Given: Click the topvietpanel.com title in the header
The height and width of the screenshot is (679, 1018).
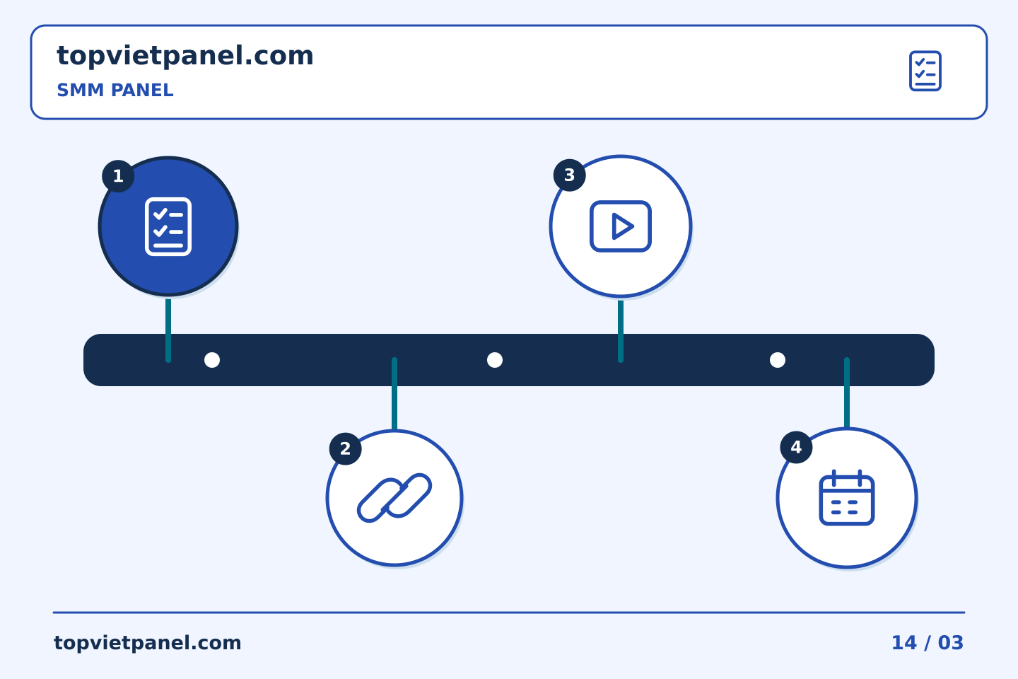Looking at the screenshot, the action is [x=185, y=57].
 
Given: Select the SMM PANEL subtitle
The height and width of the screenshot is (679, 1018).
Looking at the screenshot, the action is [x=115, y=90].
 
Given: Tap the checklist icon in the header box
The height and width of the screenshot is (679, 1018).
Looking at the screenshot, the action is [x=925, y=71].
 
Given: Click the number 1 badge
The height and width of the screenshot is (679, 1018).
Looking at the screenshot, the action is [x=118, y=176].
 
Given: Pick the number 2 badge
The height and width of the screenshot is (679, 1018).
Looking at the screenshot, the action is [x=346, y=449].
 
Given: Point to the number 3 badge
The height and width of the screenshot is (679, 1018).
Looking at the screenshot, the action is [x=570, y=175].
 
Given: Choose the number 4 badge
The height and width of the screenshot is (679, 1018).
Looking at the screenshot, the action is [x=796, y=447].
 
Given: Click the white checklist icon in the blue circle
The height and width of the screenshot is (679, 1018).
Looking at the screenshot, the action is [x=168, y=226].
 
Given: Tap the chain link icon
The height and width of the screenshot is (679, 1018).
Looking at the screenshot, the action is [x=394, y=498].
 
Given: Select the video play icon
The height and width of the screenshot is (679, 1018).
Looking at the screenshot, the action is [x=621, y=226].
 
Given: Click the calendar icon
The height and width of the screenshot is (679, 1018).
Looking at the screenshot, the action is [x=847, y=497].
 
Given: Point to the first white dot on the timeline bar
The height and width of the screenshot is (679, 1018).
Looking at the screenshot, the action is [x=212, y=360].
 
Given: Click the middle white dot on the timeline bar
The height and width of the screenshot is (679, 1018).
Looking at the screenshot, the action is [x=495, y=360].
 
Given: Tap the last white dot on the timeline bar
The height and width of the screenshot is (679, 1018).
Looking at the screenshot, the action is [x=778, y=360].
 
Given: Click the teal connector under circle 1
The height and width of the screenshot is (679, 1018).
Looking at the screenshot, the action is [x=168, y=330].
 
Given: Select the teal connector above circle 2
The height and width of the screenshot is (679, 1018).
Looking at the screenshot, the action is [x=394, y=393].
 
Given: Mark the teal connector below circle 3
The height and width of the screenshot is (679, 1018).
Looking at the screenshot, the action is [x=621, y=331].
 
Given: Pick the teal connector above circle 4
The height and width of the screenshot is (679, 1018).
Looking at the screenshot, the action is [x=847, y=393].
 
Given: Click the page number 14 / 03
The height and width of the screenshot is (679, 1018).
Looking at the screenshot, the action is [x=928, y=643].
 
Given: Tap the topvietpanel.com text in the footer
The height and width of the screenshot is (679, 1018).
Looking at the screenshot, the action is [x=147, y=643].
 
